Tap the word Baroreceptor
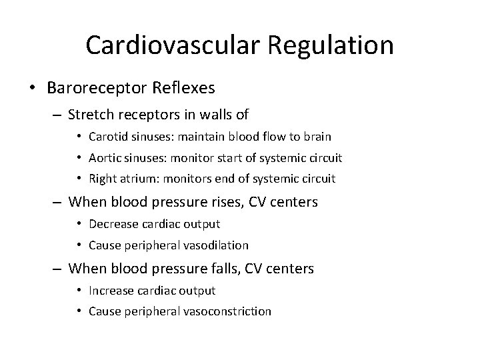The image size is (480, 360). tap(114, 87)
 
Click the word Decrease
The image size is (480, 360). tap(109, 223)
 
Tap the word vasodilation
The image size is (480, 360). tap(216, 245)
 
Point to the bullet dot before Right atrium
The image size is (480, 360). tap(79, 179)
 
